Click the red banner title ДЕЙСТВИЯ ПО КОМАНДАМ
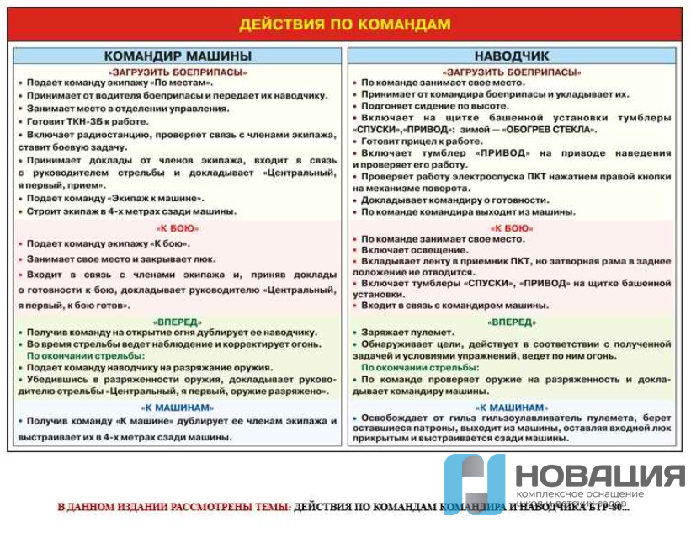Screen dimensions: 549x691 pos(344,24)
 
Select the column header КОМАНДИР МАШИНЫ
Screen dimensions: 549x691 pos(178,56)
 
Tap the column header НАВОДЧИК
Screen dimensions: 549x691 pos(512,56)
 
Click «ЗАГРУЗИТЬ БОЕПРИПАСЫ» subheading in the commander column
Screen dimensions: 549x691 pos(178,72)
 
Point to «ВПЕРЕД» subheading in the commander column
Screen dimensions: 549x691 pos(178,322)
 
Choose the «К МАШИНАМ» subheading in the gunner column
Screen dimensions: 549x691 pos(512,408)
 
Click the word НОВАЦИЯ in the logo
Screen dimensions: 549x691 pos(599,477)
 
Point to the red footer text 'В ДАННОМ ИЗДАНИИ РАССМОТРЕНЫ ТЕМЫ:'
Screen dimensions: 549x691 pos(173,508)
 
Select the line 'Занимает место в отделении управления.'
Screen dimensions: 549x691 pos(127,109)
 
